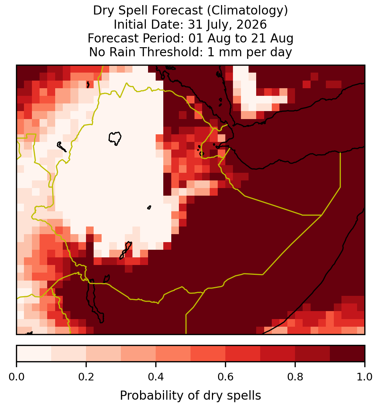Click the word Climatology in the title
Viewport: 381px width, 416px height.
(x=247, y=11)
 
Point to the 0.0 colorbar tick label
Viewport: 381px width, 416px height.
(x=16, y=377)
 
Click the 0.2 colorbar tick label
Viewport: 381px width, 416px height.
(x=86, y=377)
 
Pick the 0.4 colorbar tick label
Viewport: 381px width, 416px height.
(x=156, y=377)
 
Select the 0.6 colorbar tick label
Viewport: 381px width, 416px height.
(x=226, y=377)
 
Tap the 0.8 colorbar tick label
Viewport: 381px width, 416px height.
(x=295, y=377)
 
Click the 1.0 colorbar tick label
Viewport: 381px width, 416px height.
(x=365, y=377)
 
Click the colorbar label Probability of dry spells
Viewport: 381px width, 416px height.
(x=190, y=396)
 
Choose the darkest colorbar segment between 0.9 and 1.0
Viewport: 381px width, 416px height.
(x=347, y=354)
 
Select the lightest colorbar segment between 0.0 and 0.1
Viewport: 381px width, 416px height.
(x=34, y=354)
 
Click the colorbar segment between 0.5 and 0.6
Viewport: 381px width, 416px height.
(x=208, y=354)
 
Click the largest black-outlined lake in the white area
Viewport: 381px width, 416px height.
(x=115, y=138)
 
